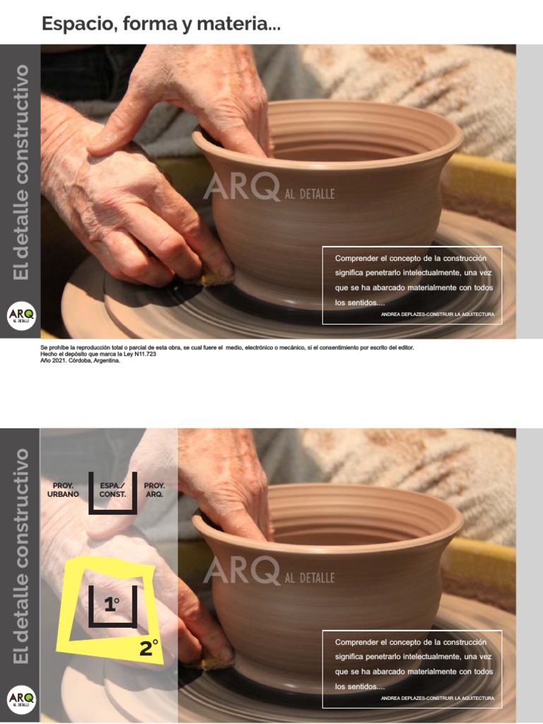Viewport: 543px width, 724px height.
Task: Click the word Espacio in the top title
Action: tap(78, 23)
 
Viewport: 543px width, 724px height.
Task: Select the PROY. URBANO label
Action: tap(64, 490)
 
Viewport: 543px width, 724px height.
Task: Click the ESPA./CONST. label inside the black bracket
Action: tap(112, 490)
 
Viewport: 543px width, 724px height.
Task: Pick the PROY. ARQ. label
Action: tap(154, 490)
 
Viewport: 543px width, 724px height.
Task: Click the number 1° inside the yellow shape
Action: tap(112, 605)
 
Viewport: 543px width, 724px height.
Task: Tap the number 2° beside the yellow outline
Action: tap(148, 648)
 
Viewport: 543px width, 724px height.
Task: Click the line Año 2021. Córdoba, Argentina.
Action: tap(81, 361)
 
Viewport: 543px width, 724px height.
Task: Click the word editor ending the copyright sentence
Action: tap(405, 348)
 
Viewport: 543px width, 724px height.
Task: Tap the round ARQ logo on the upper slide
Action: tap(21, 316)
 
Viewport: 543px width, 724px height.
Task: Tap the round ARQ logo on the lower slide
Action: tap(21, 700)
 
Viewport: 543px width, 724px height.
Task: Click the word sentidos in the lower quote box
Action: tap(363, 687)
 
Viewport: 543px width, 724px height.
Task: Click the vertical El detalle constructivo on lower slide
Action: tap(21, 555)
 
